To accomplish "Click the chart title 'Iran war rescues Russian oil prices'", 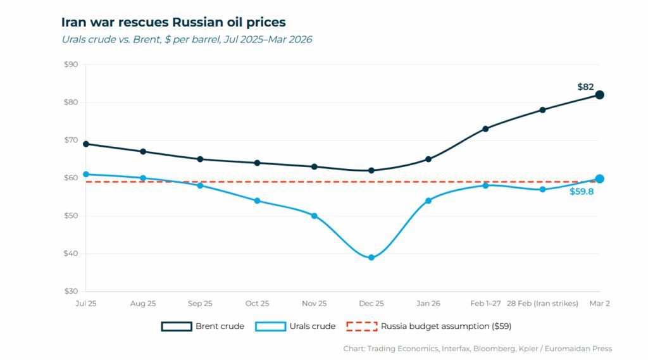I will tap(173, 22).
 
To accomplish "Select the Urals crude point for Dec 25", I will tap(371, 258).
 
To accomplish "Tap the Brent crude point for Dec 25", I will tap(371, 170).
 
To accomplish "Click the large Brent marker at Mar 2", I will tap(599, 95).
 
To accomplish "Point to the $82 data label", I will tap(585, 87).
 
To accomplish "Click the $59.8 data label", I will tap(582, 191).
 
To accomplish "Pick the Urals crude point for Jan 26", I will tap(428, 201).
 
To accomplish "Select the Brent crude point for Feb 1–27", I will tap(485, 128).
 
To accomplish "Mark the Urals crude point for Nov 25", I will tap(315, 216).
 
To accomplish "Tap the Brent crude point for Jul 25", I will tap(86, 144).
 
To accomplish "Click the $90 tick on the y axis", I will tap(71, 65).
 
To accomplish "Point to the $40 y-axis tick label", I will tap(71, 254).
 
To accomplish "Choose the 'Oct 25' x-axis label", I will tap(257, 304).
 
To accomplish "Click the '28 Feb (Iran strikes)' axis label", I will tap(542, 304).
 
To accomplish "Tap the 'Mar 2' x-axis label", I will tap(599, 304).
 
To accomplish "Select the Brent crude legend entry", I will tap(202, 326).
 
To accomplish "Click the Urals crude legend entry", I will tap(295, 326).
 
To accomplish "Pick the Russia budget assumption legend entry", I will tap(429, 326).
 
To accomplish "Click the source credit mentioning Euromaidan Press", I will tap(478, 349).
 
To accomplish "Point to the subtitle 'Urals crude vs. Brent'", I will tap(187, 39).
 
